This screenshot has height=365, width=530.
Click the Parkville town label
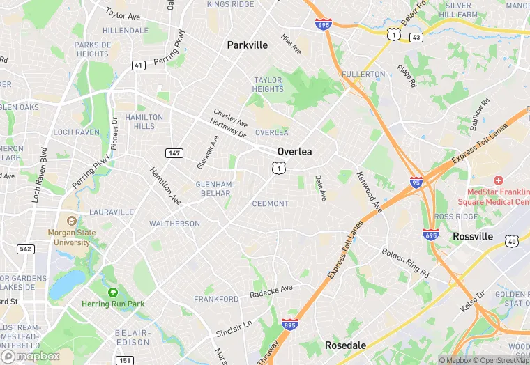[x=247, y=45]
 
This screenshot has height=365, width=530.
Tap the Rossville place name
[x=473, y=237]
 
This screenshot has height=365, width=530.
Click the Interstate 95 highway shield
[x=416, y=182]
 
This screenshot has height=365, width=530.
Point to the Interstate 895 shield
[x=289, y=325]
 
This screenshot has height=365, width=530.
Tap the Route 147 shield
[x=174, y=153]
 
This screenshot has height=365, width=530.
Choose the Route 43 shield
[x=416, y=37]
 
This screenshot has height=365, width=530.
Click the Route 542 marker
[x=26, y=249]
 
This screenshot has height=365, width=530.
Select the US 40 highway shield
[x=512, y=240]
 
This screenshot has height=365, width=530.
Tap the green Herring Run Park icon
[x=113, y=293]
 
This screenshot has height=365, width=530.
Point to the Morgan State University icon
[x=69, y=222]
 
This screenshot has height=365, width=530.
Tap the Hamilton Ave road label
[x=165, y=186]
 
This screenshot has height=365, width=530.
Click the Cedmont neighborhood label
[x=270, y=204]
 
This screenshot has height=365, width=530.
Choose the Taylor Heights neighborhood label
[x=268, y=85]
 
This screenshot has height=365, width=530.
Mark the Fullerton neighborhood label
[x=363, y=74]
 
